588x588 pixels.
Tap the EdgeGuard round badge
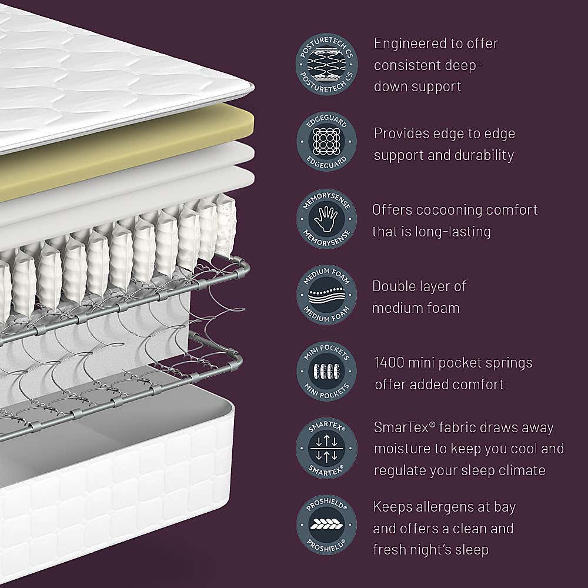(x=326, y=143)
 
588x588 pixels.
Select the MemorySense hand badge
(x=326, y=219)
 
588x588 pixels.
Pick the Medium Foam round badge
(x=326, y=295)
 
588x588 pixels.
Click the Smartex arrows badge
(x=326, y=448)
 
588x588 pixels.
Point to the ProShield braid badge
(x=326, y=525)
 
